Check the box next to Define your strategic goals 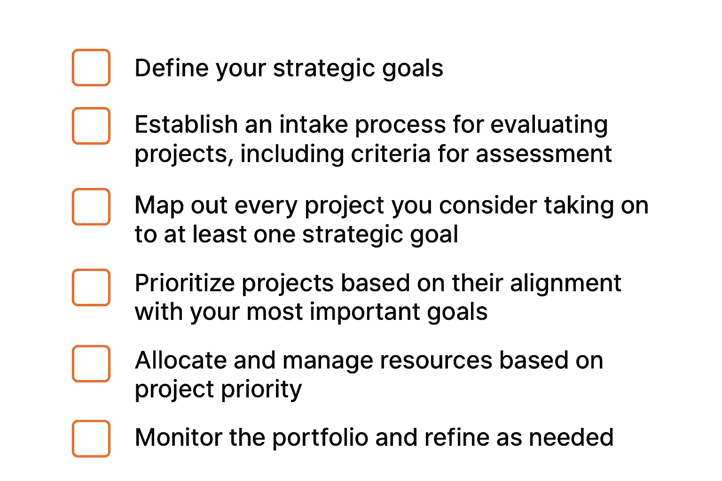[91, 68]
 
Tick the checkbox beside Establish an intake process [91, 126]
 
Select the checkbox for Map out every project [91, 207]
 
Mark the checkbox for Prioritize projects [91, 287]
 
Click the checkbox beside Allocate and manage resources [91, 364]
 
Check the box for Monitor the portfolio [91, 439]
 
